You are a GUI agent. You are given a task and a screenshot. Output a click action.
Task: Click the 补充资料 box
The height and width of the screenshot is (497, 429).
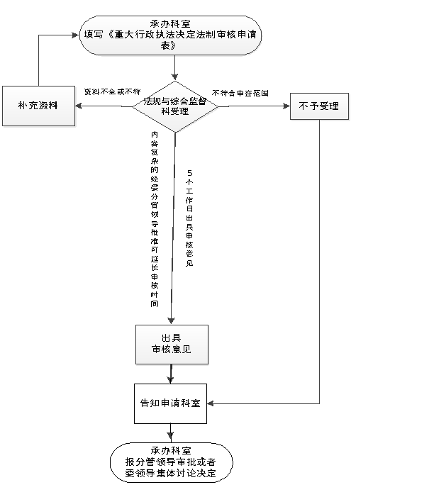(38, 106)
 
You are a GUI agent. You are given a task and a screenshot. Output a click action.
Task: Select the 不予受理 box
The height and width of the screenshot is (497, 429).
(320, 107)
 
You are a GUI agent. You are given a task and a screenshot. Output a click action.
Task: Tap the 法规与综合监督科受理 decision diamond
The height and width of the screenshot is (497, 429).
(176, 106)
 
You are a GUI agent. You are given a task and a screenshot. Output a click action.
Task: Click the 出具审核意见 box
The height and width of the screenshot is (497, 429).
(172, 345)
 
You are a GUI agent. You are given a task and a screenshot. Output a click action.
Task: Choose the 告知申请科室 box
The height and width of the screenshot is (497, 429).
(170, 403)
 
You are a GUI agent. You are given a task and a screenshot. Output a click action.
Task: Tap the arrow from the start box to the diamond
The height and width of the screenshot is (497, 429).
(174, 69)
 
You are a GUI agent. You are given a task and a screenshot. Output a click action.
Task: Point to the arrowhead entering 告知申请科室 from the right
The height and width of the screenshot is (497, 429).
(211, 403)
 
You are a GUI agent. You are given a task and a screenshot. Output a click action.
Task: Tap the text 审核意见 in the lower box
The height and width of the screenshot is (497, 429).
(171, 350)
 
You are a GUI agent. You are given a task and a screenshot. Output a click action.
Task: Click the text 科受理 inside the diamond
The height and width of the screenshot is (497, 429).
(174, 111)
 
